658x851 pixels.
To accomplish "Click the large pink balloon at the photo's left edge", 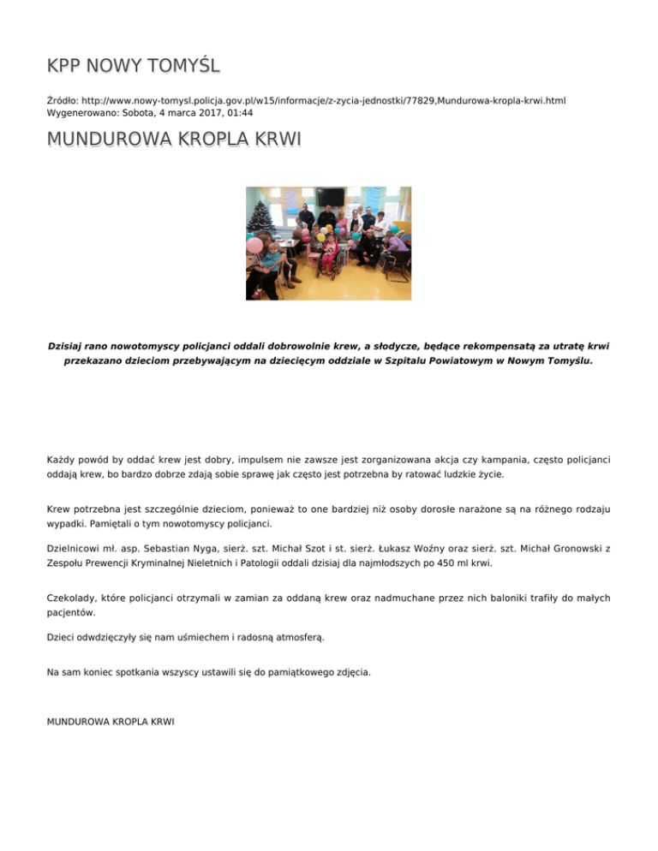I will coord(254,246).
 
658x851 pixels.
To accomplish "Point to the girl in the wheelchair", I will coord(326,257).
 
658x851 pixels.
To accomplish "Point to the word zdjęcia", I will coord(351,673).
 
